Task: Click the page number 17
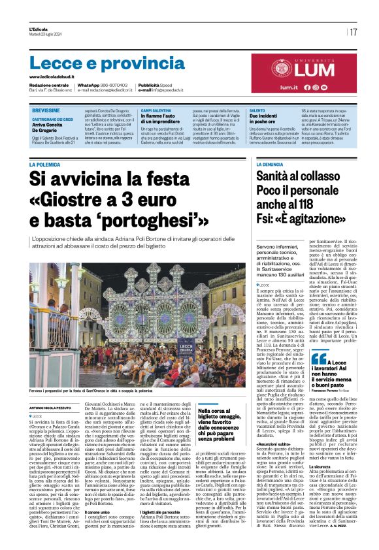(353, 31)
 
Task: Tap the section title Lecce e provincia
(98, 63)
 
